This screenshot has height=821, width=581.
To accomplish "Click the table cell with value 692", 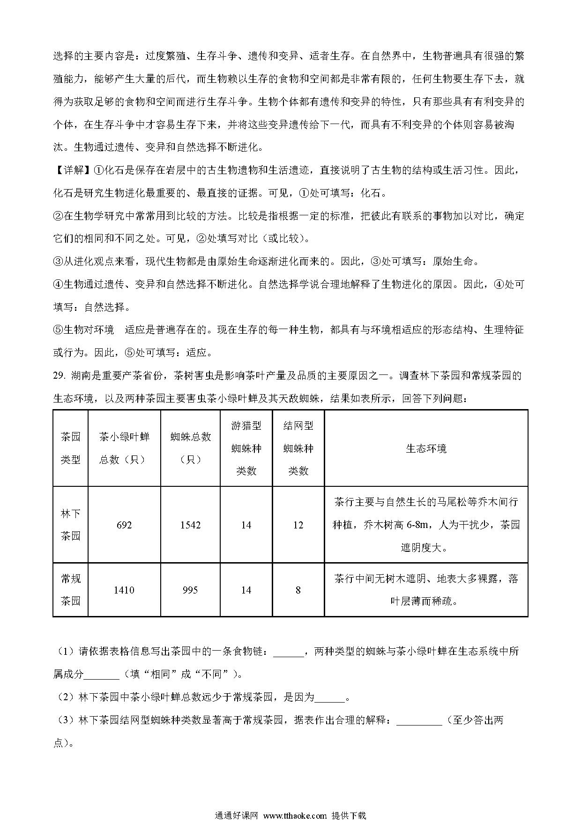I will (x=124, y=525).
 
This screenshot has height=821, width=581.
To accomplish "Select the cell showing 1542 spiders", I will (x=190, y=525).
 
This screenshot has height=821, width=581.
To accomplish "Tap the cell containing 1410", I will (x=124, y=590).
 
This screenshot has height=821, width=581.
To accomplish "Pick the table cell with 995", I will (x=190, y=590).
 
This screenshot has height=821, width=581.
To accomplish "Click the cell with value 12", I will (x=298, y=525).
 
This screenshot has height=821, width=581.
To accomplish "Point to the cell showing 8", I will (x=298, y=590).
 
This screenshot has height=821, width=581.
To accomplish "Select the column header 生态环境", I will (x=426, y=448).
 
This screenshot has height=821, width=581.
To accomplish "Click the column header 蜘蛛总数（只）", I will (x=190, y=448).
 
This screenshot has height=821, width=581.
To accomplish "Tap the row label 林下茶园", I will (x=71, y=525).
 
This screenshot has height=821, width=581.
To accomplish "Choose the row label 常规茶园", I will (x=71, y=590).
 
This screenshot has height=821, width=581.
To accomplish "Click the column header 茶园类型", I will (x=71, y=448).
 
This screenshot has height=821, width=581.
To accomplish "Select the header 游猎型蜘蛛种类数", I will (x=246, y=448).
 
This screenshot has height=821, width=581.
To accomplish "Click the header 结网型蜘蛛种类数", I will (x=298, y=448).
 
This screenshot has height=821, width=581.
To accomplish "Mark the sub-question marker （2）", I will (x=65, y=697).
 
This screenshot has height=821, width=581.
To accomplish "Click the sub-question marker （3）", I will (x=65, y=720).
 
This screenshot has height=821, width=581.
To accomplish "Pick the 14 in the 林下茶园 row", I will (x=246, y=525).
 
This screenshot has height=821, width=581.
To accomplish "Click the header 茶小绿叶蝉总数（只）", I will (x=124, y=448).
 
